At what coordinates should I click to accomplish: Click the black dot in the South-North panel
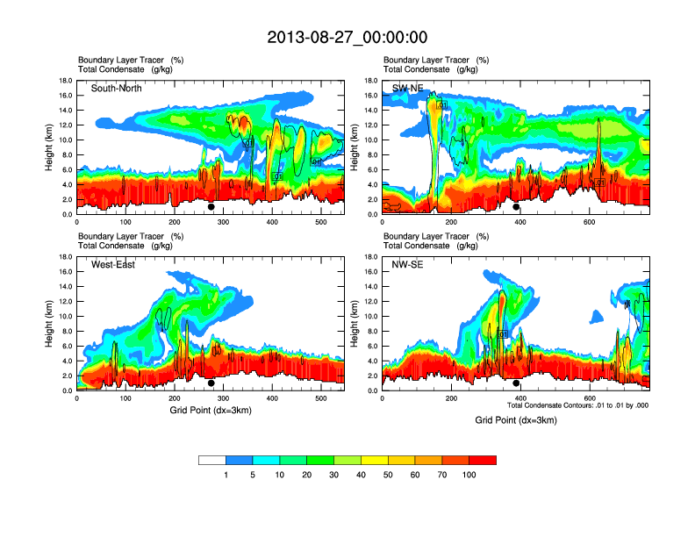pyautogui.click(x=211, y=207)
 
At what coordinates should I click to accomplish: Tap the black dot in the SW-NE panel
pyautogui.click(x=516, y=207)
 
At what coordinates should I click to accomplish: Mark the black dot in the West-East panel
pyautogui.click(x=211, y=383)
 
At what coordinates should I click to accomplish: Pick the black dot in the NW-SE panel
pyautogui.click(x=516, y=383)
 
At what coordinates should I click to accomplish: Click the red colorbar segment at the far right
pyautogui.click(x=483, y=460)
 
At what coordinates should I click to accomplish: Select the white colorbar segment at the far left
pyautogui.click(x=212, y=460)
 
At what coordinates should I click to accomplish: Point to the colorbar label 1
pyautogui.click(x=226, y=475)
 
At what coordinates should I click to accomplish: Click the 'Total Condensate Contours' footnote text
pyautogui.click(x=578, y=405)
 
